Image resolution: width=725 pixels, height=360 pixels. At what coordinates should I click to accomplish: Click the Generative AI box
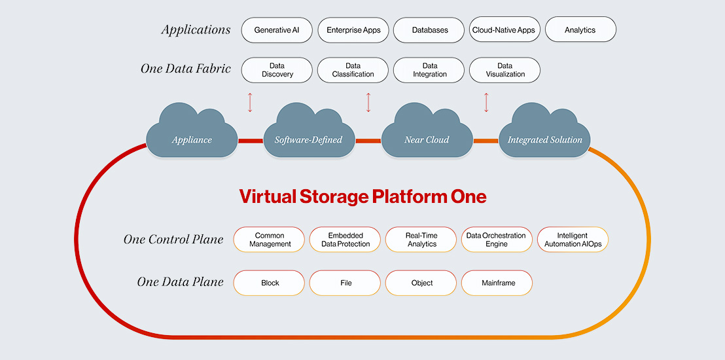click(x=277, y=30)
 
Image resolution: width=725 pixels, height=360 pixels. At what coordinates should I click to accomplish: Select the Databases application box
click(x=429, y=30)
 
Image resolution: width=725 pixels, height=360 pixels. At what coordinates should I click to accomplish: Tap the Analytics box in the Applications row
click(x=580, y=30)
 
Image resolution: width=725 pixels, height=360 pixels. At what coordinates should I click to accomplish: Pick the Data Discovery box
click(x=277, y=70)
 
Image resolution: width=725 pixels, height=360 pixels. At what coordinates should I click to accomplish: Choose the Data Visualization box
click(x=504, y=70)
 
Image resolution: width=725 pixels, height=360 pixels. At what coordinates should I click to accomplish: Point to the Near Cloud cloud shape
click(x=427, y=135)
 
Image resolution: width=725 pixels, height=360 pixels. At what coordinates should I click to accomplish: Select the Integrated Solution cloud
click(x=544, y=135)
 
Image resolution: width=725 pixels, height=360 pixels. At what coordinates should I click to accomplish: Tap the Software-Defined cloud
click(x=308, y=135)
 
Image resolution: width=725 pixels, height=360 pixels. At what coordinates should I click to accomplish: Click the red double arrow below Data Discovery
click(x=249, y=102)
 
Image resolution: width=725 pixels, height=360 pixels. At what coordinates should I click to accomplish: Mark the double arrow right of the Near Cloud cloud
click(x=486, y=102)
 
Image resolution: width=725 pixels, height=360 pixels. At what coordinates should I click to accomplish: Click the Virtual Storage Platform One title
click(x=362, y=196)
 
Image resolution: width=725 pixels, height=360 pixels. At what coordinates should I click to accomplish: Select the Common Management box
click(x=270, y=240)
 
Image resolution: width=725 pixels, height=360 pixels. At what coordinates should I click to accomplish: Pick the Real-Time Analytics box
click(x=421, y=240)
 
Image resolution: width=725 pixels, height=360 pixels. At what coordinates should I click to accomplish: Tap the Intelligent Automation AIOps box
click(x=573, y=240)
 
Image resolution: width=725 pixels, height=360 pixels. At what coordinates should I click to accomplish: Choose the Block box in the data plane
click(x=270, y=283)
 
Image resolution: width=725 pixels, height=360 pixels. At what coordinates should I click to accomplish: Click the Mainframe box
click(x=497, y=283)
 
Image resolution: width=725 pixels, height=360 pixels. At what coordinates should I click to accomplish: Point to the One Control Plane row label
click(x=173, y=240)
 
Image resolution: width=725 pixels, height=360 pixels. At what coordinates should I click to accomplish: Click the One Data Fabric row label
click(x=185, y=69)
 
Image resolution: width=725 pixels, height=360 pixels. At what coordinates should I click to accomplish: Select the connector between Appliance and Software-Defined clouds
click(x=250, y=141)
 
